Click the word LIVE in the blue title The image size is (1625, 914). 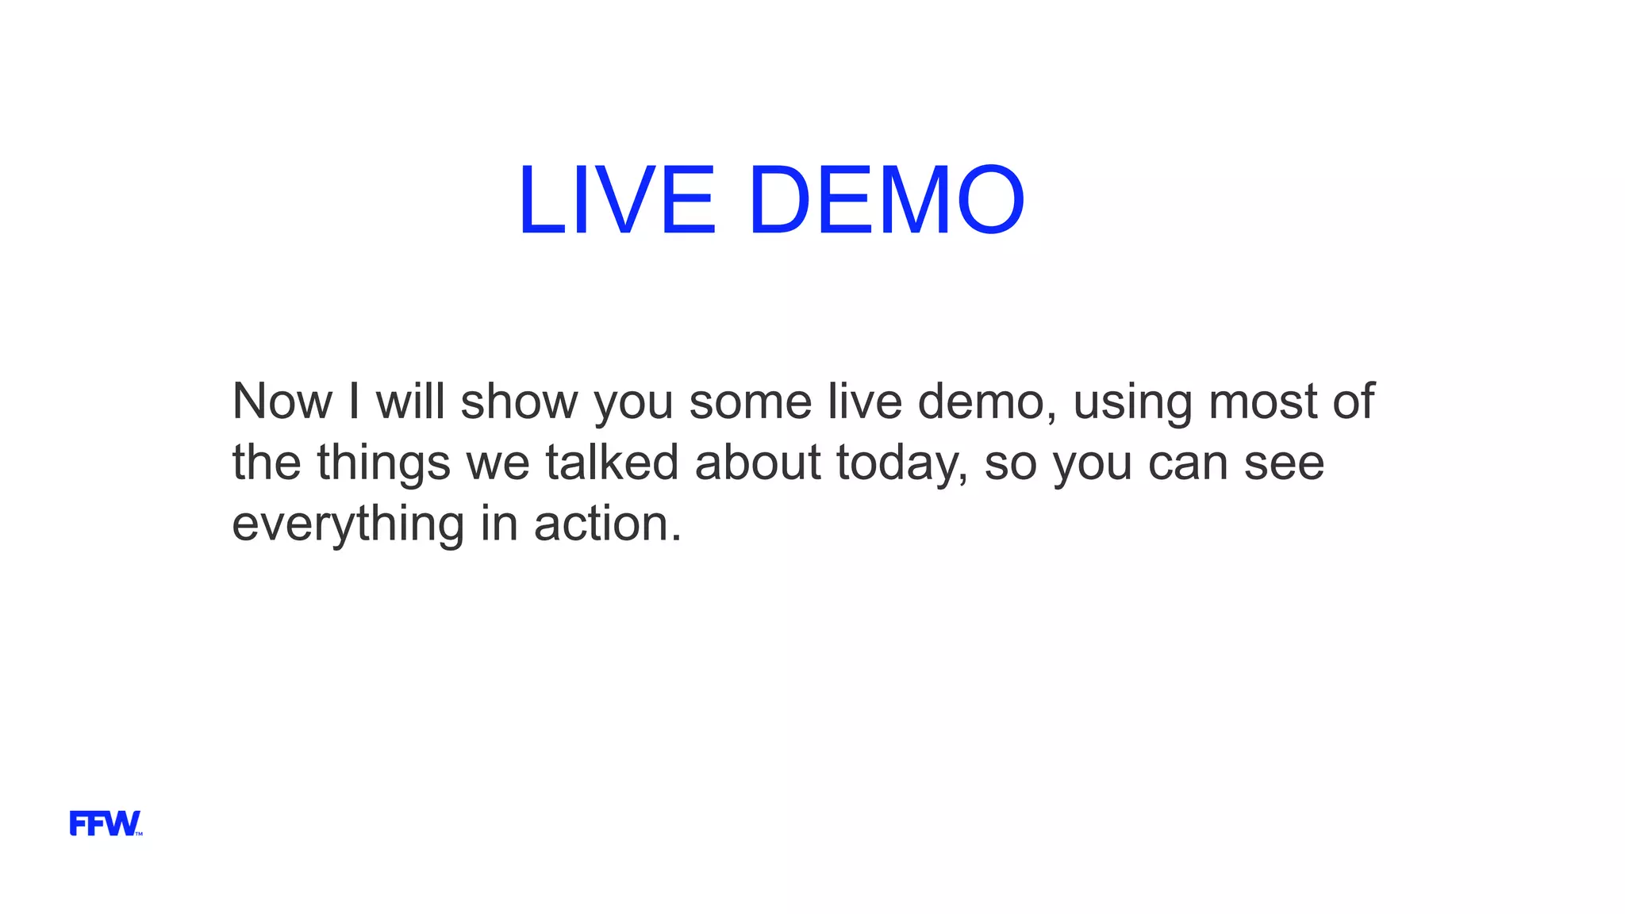point(617,200)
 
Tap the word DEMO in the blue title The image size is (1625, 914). point(885,200)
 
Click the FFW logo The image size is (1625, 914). point(106,824)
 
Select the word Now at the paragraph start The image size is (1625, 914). point(282,401)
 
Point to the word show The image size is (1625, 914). point(519,401)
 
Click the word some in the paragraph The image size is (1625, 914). point(750,401)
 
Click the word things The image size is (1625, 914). point(383,463)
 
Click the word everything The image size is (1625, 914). point(348,525)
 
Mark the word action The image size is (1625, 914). point(607,524)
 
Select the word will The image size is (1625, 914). point(410,401)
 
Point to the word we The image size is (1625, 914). point(497,463)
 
